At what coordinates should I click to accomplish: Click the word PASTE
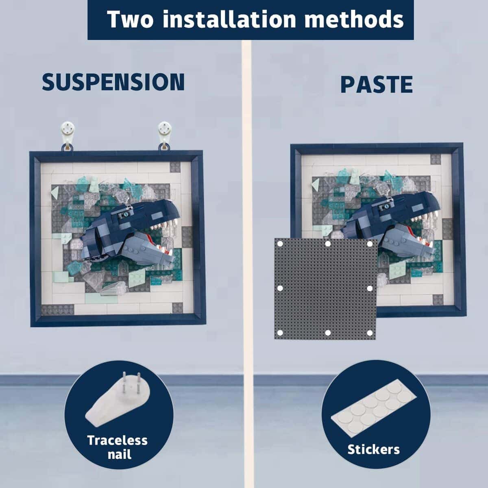377,84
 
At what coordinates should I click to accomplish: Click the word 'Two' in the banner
130,19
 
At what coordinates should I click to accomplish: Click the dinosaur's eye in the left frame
126,215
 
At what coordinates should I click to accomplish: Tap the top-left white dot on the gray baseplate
280,244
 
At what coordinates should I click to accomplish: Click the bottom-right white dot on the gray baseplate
370,333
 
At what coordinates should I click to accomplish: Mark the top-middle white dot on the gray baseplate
328,244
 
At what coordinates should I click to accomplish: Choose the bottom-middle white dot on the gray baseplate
328,333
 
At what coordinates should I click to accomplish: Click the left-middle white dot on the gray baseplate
280,288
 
